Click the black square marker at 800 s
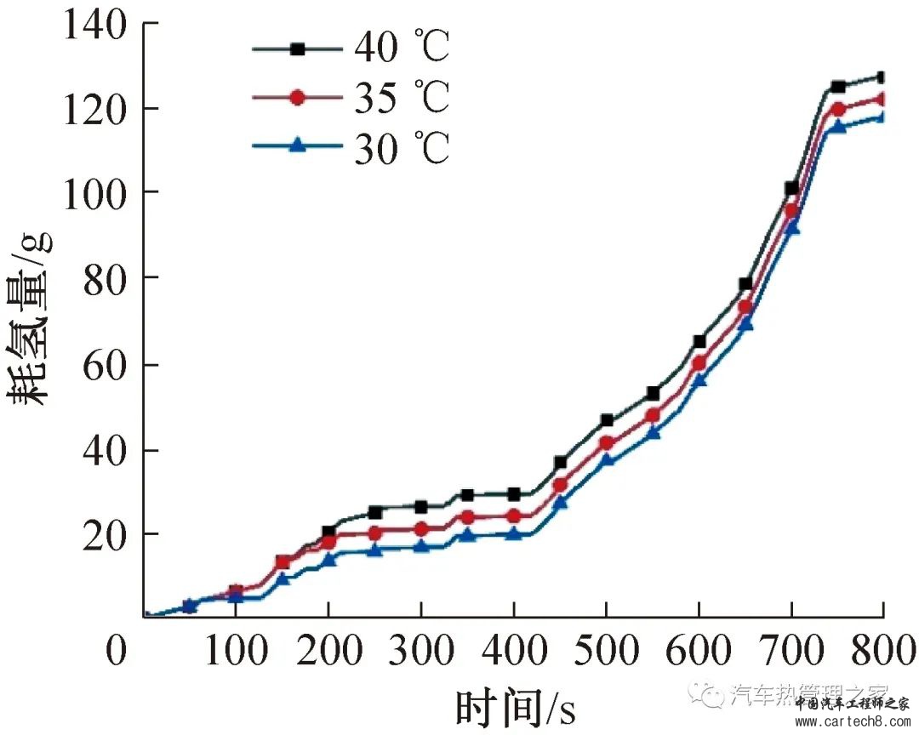click(881, 77)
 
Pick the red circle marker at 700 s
click(791, 211)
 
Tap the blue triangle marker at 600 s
click(699, 380)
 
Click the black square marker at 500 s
click(607, 420)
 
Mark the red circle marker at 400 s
click(514, 516)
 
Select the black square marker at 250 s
click(374, 512)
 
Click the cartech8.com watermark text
click(851, 721)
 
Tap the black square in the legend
click(297, 49)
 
